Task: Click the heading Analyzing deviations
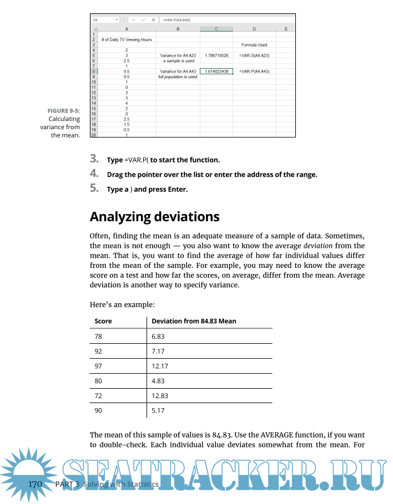(154, 216)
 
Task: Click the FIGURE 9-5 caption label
(64, 110)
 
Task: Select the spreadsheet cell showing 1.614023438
(216, 72)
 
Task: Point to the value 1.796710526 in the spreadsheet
(216, 55)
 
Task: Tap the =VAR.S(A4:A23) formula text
(254, 55)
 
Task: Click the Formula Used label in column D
(254, 45)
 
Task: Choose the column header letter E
(285, 29)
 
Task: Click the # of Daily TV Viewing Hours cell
(127, 39)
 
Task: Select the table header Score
(103, 321)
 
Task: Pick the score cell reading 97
(99, 366)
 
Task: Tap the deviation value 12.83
(160, 396)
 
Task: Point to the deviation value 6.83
(158, 337)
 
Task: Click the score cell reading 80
(99, 381)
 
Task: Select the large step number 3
(94, 159)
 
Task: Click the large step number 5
(94, 189)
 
